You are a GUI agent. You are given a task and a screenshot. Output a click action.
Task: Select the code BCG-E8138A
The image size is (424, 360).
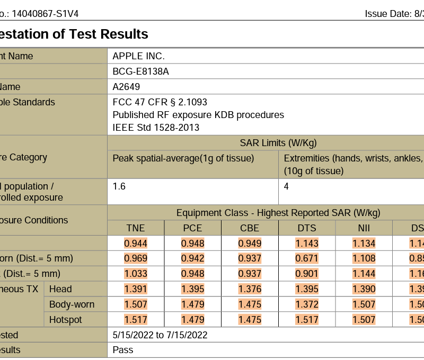coord(141,71)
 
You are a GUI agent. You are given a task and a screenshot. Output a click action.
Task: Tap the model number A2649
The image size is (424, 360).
coord(126,87)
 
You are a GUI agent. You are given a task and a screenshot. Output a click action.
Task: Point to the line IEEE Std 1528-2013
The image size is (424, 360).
coord(156,128)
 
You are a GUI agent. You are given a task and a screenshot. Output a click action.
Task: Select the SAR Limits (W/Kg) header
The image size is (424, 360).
coord(278,143)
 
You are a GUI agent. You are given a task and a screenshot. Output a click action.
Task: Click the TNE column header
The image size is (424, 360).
coord(136,228)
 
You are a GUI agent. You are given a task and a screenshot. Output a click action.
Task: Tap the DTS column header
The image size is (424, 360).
coord(307,228)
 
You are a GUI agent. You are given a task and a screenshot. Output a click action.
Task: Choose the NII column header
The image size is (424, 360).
coord(364,228)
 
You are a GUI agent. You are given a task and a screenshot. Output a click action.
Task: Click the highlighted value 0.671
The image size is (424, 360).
coord(307,258)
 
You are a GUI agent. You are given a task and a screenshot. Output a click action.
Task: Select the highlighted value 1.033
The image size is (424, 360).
coord(136,274)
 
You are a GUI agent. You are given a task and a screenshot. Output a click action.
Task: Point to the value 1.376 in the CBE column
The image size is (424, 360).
coord(250,289)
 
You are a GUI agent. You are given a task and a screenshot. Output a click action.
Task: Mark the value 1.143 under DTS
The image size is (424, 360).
coord(307,244)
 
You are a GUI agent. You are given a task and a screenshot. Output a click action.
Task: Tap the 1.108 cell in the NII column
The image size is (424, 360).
coord(364,258)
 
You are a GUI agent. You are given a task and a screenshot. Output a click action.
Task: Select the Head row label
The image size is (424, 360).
coord(60,289)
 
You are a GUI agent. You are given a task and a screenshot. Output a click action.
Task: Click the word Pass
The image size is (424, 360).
coord(123,350)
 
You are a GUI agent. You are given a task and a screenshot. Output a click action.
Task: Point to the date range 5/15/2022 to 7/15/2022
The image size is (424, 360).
coord(160,335)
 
